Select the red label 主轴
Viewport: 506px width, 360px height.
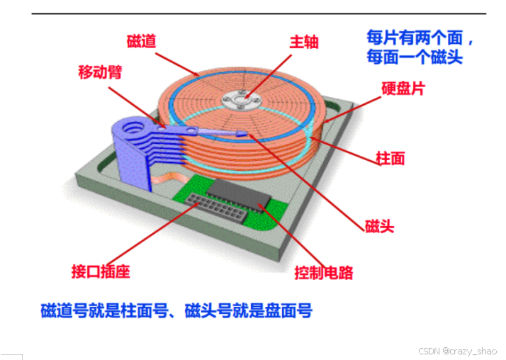(303, 41)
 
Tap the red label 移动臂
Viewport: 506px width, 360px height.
(99, 72)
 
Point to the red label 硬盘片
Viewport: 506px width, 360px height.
(403, 90)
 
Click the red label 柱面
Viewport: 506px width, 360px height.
(390, 158)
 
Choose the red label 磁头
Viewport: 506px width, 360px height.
(379, 227)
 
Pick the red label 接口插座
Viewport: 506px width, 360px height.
(101, 271)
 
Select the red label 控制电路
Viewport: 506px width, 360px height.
(323, 271)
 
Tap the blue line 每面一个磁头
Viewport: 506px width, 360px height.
(414, 57)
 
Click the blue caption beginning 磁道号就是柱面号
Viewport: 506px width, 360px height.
(176, 310)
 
